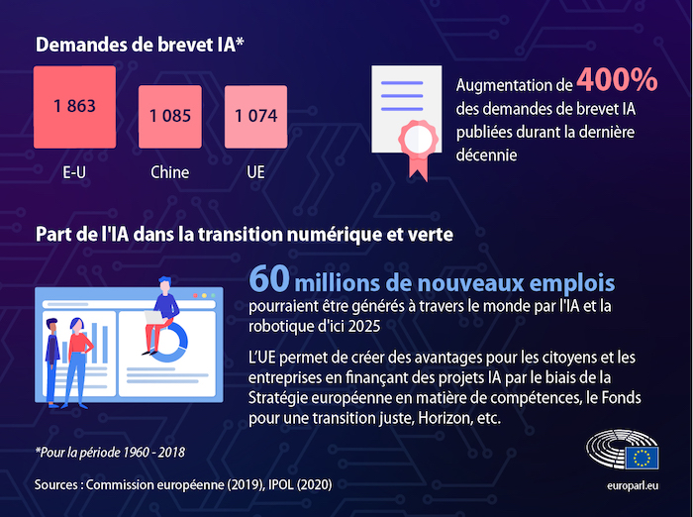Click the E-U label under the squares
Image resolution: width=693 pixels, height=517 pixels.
tap(74, 172)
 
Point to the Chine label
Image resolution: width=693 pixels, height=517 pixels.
tap(170, 172)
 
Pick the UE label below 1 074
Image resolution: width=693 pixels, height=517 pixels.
tap(255, 172)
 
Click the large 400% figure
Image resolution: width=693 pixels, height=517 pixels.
tap(617, 80)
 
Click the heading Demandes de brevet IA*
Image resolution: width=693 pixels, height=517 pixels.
tap(140, 45)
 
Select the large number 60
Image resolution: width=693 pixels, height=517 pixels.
tap(269, 277)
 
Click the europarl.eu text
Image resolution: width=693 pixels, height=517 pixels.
tap(634, 486)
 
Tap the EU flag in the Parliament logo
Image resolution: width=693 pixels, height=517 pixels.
tap(642, 458)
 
